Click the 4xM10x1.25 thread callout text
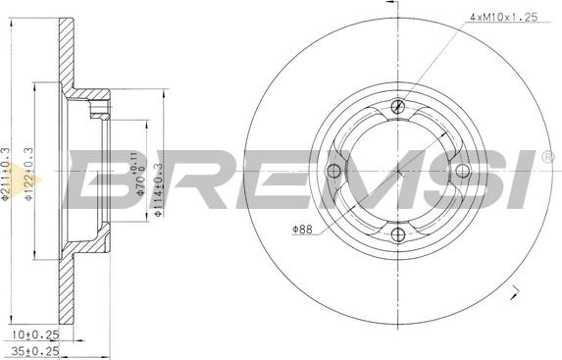(x=503, y=18)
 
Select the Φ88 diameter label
(x=302, y=230)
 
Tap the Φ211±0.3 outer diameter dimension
(x=5, y=174)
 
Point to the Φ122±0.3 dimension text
(x=28, y=174)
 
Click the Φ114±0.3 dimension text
(x=158, y=190)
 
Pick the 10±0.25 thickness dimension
(x=35, y=334)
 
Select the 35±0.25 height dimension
(x=35, y=350)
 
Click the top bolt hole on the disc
(x=398, y=107)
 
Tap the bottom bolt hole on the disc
(x=398, y=235)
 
